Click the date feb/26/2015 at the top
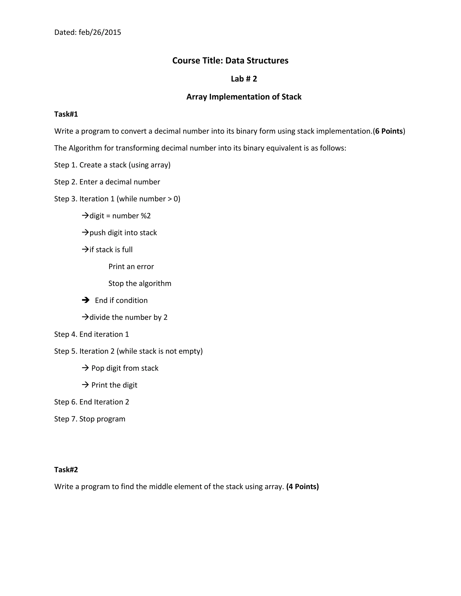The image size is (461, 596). (x=100, y=32)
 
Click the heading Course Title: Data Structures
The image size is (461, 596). (x=230, y=60)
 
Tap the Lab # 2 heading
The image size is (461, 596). (x=244, y=79)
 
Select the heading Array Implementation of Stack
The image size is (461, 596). (x=244, y=97)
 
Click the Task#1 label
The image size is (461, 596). (x=66, y=114)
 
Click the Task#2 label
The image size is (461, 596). (x=66, y=470)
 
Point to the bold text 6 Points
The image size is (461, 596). (x=389, y=131)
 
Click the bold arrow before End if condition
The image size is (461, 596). (x=86, y=300)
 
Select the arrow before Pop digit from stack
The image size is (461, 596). (x=86, y=368)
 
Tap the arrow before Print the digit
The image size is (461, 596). (x=86, y=385)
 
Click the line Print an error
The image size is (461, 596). (x=131, y=267)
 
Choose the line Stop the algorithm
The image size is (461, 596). (x=140, y=284)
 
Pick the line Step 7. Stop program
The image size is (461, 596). (x=90, y=419)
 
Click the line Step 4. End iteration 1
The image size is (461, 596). (x=91, y=334)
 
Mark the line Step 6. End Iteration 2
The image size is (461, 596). (x=91, y=402)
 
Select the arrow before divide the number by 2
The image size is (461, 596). (x=86, y=317)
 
